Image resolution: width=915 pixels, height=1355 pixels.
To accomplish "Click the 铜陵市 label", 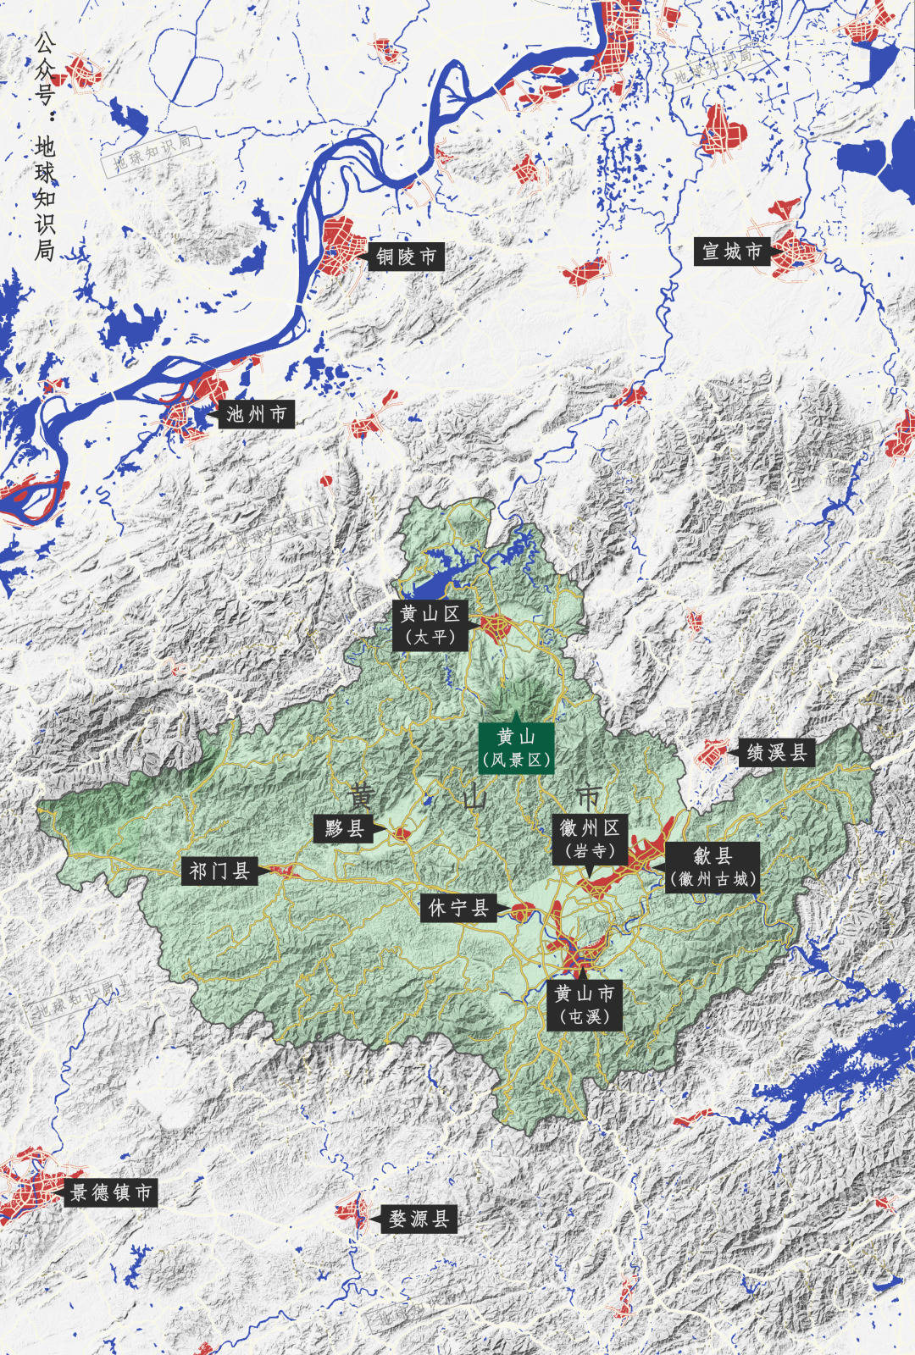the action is coord(406,256).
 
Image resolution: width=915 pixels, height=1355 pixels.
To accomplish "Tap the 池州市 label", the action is coord(256,414).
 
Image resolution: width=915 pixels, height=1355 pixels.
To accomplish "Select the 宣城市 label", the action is coord(732,252).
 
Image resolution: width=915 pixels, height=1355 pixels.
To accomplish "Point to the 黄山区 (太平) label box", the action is coord(430,625).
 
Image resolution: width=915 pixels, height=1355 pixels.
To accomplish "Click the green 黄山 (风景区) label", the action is coord(516,748).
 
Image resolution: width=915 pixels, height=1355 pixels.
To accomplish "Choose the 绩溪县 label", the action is coord(776,752).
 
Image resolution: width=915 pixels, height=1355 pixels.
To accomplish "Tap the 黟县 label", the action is coord(344,828).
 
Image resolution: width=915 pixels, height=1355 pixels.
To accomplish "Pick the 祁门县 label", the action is coord(219,871).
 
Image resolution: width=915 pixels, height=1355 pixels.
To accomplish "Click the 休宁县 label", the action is coord(458,909).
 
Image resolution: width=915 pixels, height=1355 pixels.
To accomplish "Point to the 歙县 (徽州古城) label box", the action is coord(712,867).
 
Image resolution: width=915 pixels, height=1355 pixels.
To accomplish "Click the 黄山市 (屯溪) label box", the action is coord(585,1004).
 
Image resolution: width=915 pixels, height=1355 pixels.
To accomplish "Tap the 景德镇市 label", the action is coord(111,1192).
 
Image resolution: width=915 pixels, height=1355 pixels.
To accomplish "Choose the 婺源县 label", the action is coord(419,1219).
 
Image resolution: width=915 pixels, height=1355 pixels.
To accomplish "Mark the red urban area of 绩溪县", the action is coord(712,752).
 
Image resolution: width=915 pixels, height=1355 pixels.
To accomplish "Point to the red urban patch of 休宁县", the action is coord(522,912).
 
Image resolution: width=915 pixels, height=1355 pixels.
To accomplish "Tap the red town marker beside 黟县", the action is coord(401,835).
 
